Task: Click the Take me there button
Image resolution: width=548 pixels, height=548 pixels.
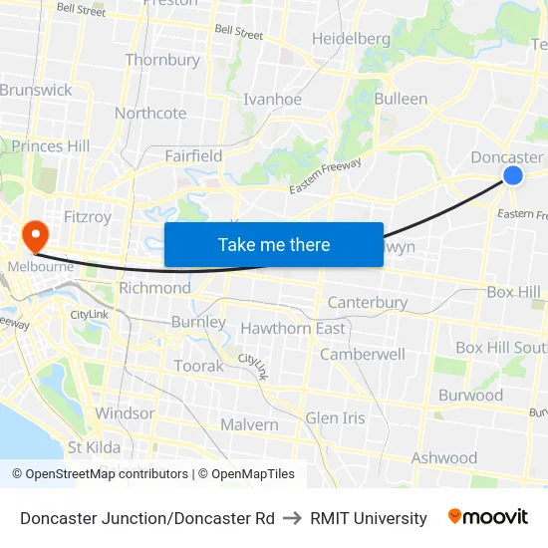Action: (274, 244)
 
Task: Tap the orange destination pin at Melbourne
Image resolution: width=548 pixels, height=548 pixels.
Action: (35, 236)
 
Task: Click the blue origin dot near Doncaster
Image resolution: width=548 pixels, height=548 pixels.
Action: (513, 175)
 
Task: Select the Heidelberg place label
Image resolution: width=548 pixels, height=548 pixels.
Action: (351, 39)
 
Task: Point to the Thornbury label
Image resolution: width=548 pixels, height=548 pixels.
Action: (162, 60)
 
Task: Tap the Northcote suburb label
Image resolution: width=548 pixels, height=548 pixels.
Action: (150, 113)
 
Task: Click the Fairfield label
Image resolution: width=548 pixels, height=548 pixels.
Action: (193, 156)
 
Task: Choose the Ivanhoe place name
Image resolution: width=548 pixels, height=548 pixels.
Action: (272, 100)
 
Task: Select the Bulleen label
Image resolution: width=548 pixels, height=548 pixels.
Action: (401, 100)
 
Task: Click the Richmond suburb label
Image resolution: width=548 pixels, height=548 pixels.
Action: (154, 288)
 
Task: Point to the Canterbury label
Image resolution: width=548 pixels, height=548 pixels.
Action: (368, 302)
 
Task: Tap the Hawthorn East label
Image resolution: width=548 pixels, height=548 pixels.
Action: (293, 329)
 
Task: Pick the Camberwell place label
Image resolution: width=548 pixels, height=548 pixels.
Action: (363, 355)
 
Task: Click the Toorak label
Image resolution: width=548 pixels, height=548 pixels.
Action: (198, 367)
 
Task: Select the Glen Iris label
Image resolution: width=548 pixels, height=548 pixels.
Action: (336, 418)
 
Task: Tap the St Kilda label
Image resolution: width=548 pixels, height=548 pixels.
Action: (95, 447)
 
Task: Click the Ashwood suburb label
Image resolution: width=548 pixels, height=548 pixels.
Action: (444, 458)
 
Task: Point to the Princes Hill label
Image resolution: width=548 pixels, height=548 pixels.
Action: (51, 146)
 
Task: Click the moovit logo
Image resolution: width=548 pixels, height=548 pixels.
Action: (488, 517)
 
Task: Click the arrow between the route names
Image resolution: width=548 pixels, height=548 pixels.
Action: (292, 518)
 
